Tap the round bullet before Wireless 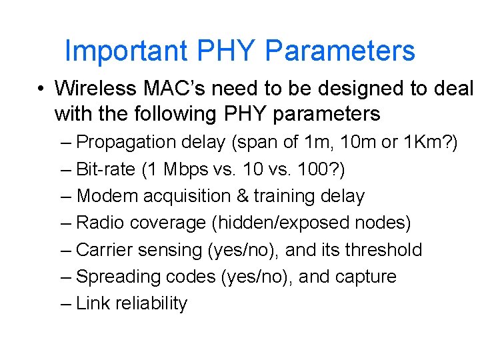[x=41, y=89]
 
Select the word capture [x=365, y=277]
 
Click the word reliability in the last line [x=151, y=303]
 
